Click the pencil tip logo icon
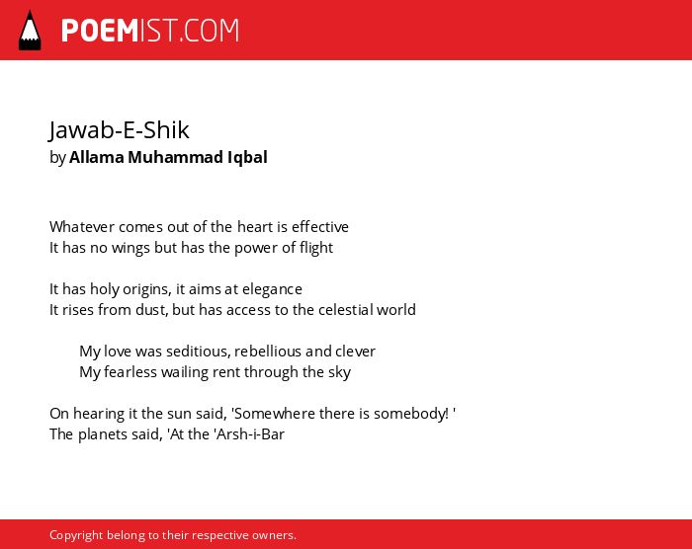[x=30, y=31]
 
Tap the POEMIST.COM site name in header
[x=150, y=31]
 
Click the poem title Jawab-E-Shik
[x=120, y=130]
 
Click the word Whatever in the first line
[x=82, y=227]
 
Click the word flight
[x=316, y=248]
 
